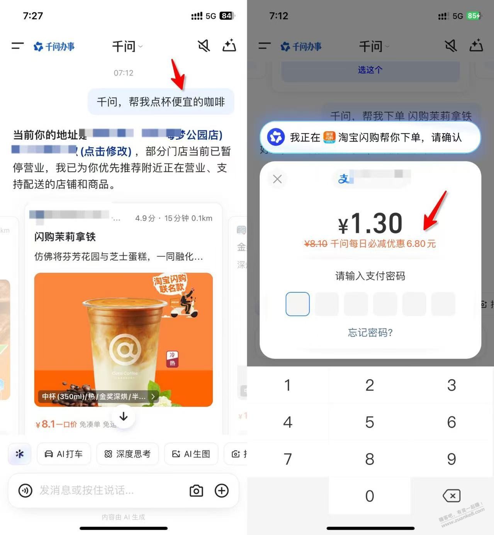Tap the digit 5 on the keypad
pyautogui.click(x=370, y=422)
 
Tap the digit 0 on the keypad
pyautogui.click(x=370, y=496)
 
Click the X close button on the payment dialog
pyautogui.click(x=277, y=179)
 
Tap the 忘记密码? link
pyautogui.click(x=370, y=333)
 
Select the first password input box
pyautogui.click(x=297, y=304)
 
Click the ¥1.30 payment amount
pyautogui.click(x=370, y=224)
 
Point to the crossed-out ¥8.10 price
pyautogui.click(x=316, y=244)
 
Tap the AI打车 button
pyautogui.click(x=64, y=454)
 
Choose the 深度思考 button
pyautogui.click(x=127, y=454)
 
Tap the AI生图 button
pyautogui.click(x=191, y=454)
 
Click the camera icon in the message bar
pyautogui.click(x=196, y=491)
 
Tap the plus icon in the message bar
pyautogui.click(x=222, y=491)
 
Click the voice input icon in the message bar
pyautogui.click(x=25, y=491)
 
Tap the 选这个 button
pyautogui.click(x=370, y=70)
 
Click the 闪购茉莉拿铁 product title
pyautogui.click(x=65, y=237)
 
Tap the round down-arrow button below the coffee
pyautogui.click(x=124, y=416)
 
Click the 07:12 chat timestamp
pyautogui.click(x=123, y=73)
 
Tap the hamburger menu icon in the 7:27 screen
pyautogui.click(x=18, y=46)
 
